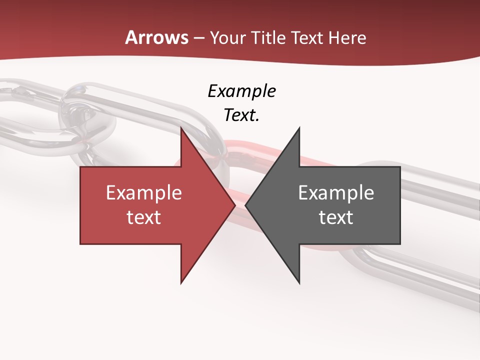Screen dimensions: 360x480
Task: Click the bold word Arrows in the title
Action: click(157, 37)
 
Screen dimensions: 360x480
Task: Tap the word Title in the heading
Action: click(267, 38)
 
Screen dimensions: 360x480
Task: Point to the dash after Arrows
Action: click(199, 38)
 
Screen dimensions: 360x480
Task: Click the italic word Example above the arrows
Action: click(241, 91)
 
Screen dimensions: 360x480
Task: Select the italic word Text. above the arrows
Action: click(241, 115)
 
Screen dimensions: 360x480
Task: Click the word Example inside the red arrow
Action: click(144, 192)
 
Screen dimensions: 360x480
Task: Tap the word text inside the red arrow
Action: click(144, 217)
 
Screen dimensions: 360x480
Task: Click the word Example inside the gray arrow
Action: click(336, 192)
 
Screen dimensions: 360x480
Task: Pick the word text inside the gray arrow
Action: click(336, 217)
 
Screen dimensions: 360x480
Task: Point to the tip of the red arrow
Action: click(235, 205)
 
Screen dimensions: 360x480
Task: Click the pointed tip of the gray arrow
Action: click(246, 205)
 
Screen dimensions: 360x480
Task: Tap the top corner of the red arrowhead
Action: click(181, 128)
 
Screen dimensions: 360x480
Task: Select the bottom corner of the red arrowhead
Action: click(181, 283)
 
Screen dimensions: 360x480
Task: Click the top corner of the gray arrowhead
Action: click(299, 128)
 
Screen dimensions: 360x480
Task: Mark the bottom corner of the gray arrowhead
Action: click(299, 283)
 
